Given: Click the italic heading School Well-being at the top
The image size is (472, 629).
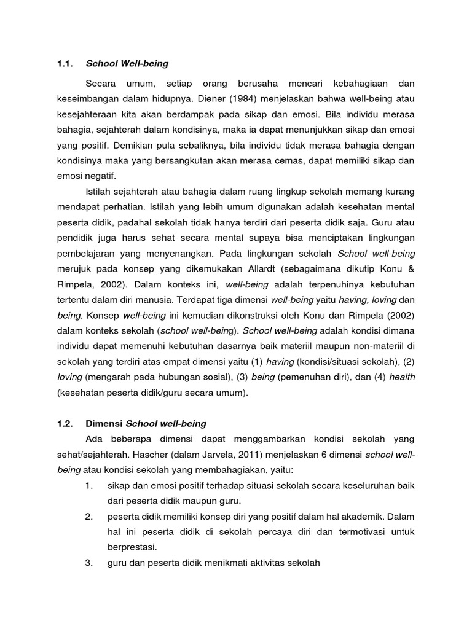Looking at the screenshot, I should pos(127,63).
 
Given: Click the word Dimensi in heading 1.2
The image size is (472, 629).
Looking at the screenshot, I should pos(104,423).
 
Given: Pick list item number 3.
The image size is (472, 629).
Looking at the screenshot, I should pos(90,562).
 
